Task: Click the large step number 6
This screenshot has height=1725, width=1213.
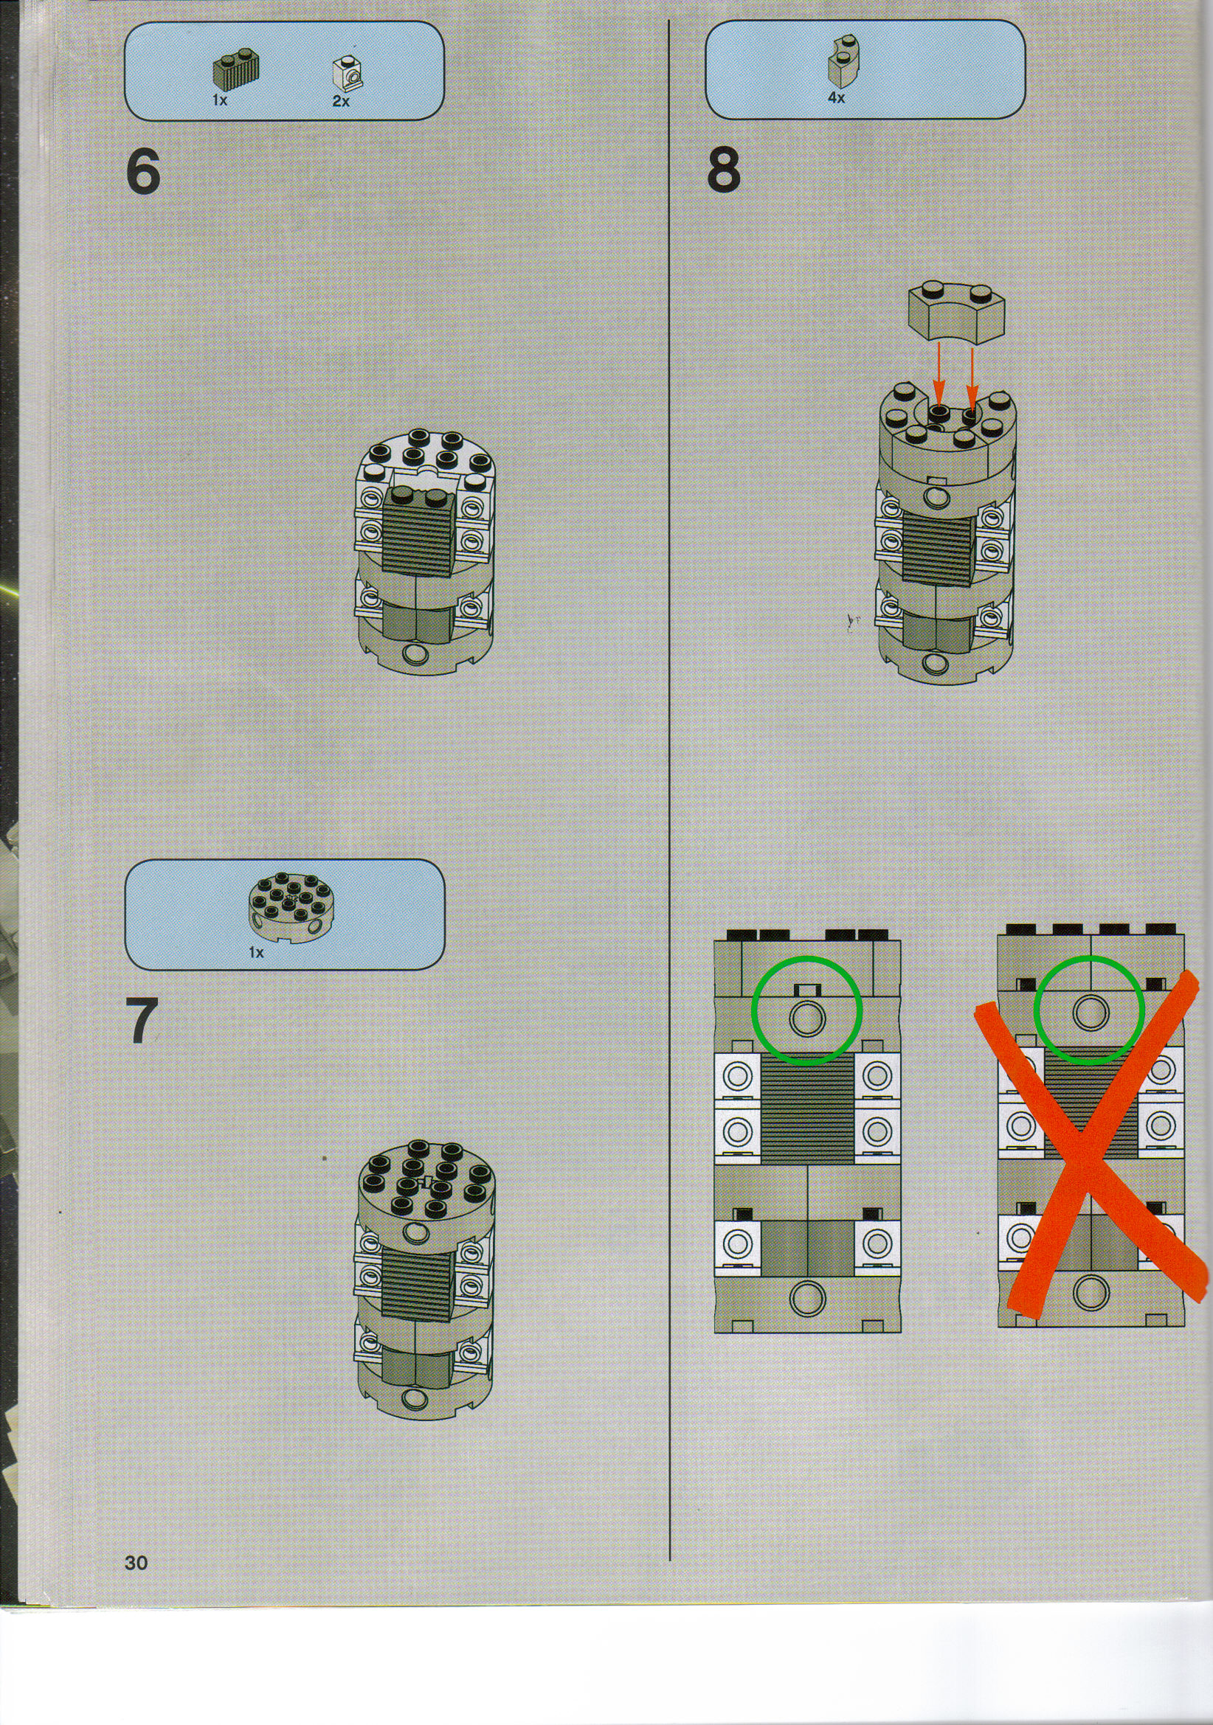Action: [143, 172]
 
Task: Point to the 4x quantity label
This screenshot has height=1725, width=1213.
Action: [837, 97]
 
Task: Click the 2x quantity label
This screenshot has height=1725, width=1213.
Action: [341, 101]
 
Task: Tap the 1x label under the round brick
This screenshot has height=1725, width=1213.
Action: [256, 953]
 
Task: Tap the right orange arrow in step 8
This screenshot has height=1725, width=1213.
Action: [971, 375]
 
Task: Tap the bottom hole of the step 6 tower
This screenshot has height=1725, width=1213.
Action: [412, 655]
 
